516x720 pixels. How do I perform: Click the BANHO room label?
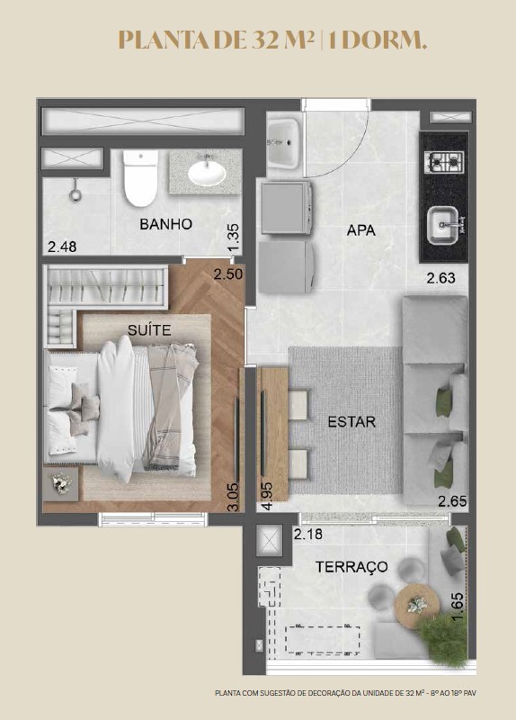coord(165,224)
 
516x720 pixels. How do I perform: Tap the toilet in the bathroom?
coord(140,178)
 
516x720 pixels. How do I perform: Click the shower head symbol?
coord(76,192)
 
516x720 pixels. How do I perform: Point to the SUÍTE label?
coord(149,330)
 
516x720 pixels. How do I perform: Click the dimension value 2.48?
coord(62,247)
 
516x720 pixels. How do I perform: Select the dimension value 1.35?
coord(234,238)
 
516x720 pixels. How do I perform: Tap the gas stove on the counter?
coord(444,162)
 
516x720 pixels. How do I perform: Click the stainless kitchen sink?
coord(443,226)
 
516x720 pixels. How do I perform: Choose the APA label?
coord(361,230)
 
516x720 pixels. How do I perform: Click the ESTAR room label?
coord(351,421)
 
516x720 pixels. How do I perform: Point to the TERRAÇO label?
coord(351,567)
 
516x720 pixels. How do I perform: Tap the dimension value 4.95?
coord(267,496)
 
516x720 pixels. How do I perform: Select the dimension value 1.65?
coord(458,607)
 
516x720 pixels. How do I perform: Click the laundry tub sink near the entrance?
coord(283,143)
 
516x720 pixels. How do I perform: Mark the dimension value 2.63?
coord(440,278)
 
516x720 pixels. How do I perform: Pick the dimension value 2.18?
coord(308,535)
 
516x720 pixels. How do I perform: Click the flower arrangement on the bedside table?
coord(61,483)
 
